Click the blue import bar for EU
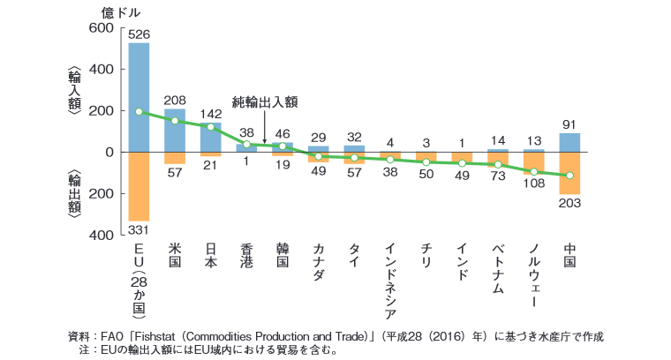tap(139, 97)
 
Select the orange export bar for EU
tap(139, 186)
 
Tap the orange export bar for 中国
tap(569, 173)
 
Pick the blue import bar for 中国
tap(569, 142)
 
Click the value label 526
tap(139, 34)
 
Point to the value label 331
tap(139, 231)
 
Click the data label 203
tap(569, 204)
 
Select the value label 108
tap(533, 184)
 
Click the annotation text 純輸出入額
tap(265, 102)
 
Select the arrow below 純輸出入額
tap(265, 128)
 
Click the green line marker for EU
tap(139, 111)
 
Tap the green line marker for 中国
tap(569, 176)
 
